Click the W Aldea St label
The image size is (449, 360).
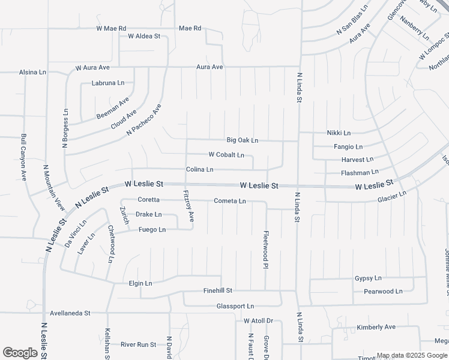144,36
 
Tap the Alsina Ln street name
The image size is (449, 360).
32,72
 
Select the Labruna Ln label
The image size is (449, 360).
108,83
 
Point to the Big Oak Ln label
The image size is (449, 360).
243,140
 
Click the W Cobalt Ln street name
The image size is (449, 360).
226,155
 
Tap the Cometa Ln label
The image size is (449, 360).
230,201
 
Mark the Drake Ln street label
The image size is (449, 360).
148,214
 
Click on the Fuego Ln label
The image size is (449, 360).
152,230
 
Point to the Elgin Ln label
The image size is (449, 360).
140,283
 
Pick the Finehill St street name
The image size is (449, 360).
217,290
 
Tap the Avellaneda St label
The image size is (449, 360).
70,313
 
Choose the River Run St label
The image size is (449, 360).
138,344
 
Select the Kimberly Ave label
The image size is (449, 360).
376,328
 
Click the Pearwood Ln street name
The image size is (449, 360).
383,292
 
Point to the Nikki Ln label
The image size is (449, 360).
339,133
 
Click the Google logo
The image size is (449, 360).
20,353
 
